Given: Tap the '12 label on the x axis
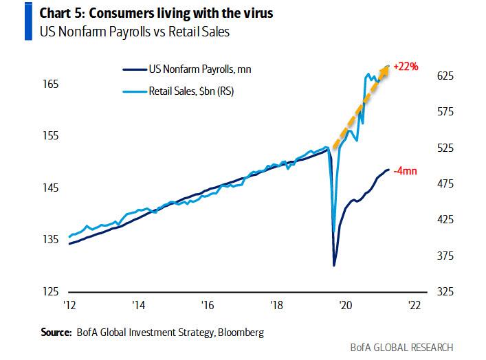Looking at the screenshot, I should click(x=69, y=306).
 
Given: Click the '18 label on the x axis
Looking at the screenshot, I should click(x=276, y=306).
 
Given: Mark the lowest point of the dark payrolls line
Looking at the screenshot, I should click(x=334, y=265).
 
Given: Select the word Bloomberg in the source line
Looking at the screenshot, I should click(x=241, y=332).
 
